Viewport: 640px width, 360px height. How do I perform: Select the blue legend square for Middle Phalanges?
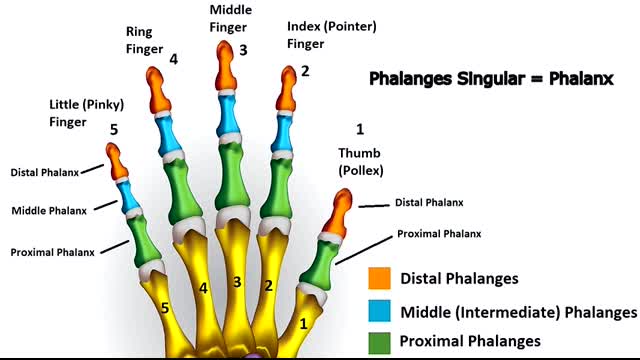click(379, 311)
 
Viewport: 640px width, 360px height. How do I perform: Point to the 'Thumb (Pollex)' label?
click(361, 161)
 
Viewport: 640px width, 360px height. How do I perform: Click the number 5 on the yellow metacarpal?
click(165, 308)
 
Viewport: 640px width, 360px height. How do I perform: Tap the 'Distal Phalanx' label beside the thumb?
click(429, 202)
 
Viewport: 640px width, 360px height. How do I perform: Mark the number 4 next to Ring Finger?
click(174, 59)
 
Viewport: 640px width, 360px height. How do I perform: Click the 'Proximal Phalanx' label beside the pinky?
click(52, 252)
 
